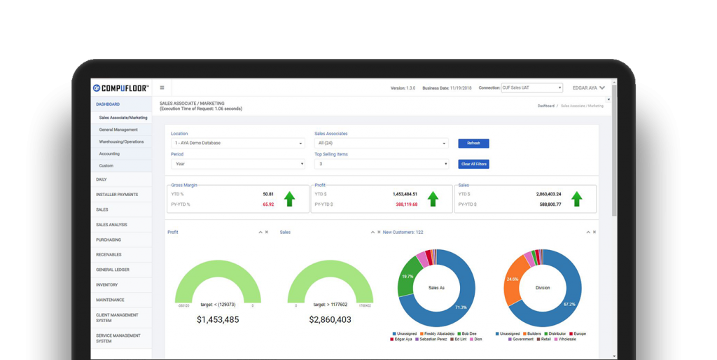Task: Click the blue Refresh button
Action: click(x=473, y=143)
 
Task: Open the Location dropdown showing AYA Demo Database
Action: click(x=238, y=143)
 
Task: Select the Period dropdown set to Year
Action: click(x=238, y=164)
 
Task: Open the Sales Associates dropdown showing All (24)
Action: click(x=382, y=143)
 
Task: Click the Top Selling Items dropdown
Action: click(x=382, y=164)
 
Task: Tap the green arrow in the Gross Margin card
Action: click(x=289, y=199)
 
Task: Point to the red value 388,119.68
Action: click(x=403, y=205)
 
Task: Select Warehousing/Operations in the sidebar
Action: click(x=121, y=141)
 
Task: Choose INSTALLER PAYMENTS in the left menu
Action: click(x=117, y=194)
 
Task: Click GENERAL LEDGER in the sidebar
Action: click(x=113, y=270)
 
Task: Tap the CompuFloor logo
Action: click(x=120, y=88)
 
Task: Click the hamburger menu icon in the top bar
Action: click(x=162, y=88)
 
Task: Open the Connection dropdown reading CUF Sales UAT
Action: click(x=532, y=88)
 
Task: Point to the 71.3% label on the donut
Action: click(x=460, y=307)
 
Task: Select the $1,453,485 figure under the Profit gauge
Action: click(x=217, y=319)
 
